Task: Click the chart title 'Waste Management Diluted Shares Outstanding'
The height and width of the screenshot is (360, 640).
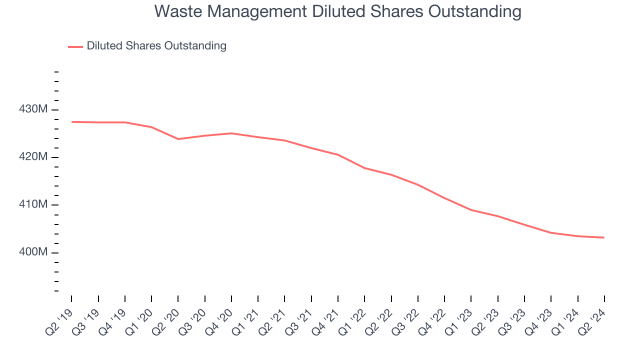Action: [337, 11]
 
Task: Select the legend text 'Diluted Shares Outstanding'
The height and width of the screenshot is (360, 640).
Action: [156, 46]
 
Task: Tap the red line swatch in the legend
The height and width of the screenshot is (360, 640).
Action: [75, 46]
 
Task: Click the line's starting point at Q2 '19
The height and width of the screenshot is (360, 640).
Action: [71, 122]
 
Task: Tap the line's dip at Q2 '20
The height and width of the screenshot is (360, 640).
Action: [178, 139]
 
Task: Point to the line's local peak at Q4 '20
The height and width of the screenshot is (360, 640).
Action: [231, 133]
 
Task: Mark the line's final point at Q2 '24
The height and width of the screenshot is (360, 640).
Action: [604, 237]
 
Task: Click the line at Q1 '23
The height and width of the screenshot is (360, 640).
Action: [471, 210]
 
